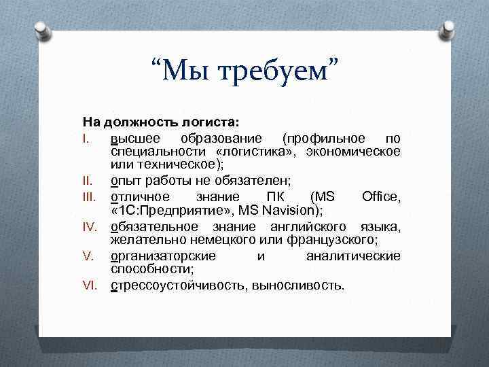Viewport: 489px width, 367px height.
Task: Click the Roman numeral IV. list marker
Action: pos(90,226)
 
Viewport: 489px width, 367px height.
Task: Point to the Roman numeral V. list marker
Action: pos(88,256)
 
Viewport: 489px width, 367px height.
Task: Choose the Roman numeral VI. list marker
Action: pos(90,285)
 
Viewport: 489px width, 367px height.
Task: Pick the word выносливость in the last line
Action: pos(297,285)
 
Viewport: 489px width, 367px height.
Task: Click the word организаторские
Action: pos(163,256)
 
